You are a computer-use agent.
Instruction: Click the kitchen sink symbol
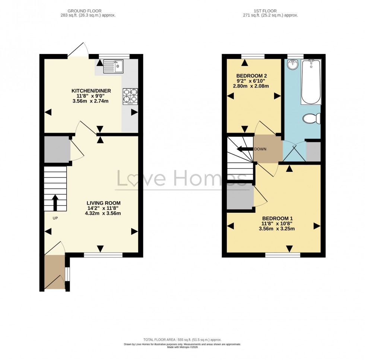(x=113, y=66)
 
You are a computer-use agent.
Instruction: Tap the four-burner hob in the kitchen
(x=130, y=96)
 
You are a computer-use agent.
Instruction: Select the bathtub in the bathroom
(x=311, y=82)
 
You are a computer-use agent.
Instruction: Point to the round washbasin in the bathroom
(x=293, y=65)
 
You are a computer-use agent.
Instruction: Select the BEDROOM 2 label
(x=251, y=76)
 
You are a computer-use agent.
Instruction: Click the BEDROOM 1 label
(x=277, y=218)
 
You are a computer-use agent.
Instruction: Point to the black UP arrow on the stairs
(x=55, y=202)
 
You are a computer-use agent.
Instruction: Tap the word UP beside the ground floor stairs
(x=55, y=218)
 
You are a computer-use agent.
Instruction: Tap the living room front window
(x=103, y=255)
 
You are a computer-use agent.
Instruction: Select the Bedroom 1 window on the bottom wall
(x=283, y=255)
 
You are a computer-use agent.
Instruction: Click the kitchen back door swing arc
(x=79, y=49)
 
